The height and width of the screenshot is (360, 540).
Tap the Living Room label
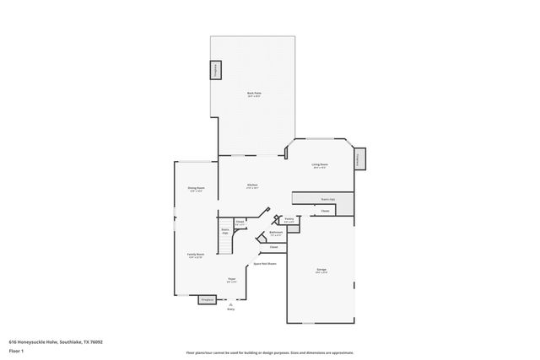coord(319,164)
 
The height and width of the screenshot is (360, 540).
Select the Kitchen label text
coord(251,185)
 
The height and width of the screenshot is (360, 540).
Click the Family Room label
coord(194,254)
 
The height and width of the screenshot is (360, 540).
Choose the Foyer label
coord(231,279)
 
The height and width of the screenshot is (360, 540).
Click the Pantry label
coord(289,218)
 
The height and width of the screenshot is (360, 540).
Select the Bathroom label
coord(276,232)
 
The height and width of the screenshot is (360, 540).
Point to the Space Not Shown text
coord(265,264)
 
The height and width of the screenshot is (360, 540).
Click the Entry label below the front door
coord(231,309)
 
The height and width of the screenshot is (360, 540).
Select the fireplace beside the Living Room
coord(360,159)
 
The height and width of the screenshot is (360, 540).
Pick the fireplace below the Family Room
coord(207,298)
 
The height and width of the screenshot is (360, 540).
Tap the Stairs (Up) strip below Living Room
coord(325,198)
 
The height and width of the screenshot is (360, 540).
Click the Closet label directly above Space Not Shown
coord(273,247)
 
